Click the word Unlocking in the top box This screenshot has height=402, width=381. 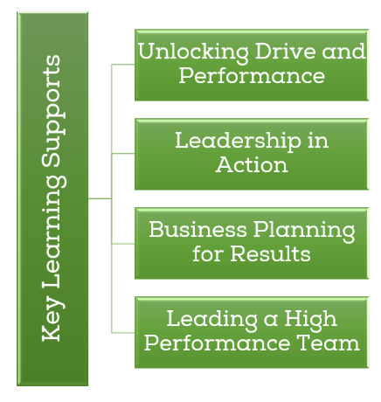[193, 52]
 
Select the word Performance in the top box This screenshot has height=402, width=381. [252, 75]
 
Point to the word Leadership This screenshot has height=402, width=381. [238, 141]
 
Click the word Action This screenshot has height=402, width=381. [252, 164]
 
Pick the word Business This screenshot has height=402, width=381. [198, 229]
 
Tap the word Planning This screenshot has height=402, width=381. [304, 232]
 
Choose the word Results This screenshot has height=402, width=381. [270, 253]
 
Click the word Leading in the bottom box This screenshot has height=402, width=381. [212, 320]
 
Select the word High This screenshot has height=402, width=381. [310, 320]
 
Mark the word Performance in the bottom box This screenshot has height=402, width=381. [217, 343]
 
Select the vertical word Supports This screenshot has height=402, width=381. [53, 111]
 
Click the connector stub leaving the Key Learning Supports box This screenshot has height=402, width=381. [100, 198]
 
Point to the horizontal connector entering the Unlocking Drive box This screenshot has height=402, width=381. [123, 65]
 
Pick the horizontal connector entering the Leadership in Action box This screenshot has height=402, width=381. [123, 153]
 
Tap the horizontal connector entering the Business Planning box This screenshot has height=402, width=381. [123, 244]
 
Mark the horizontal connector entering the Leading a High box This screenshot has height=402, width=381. [123, 332]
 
